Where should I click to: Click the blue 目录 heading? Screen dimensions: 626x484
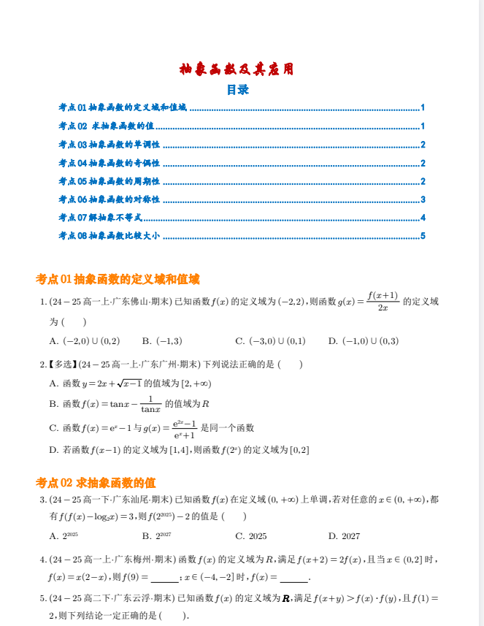click(237, 90)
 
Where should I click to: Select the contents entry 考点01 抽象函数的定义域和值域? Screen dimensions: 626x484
click(123, 107)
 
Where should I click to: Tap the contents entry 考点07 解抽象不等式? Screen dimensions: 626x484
click(101, 218)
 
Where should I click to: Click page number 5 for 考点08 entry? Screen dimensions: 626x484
click(423, 236)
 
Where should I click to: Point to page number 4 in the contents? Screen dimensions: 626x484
click(423, 218)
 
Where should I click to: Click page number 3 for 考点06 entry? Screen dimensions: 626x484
click(423, 199)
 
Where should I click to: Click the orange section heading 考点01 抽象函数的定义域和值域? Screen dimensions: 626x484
click(118, 278)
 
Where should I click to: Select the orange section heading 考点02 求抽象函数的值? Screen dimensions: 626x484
click(96, 482)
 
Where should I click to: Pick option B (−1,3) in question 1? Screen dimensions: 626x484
click(162, 340)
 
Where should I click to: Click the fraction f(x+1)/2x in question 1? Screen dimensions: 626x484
click(383, 301)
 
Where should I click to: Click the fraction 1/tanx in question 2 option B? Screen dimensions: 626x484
click(150, 404)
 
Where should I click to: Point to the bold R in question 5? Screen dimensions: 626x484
click(286, 598)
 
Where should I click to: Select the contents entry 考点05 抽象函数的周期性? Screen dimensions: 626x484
click(110, 181)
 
